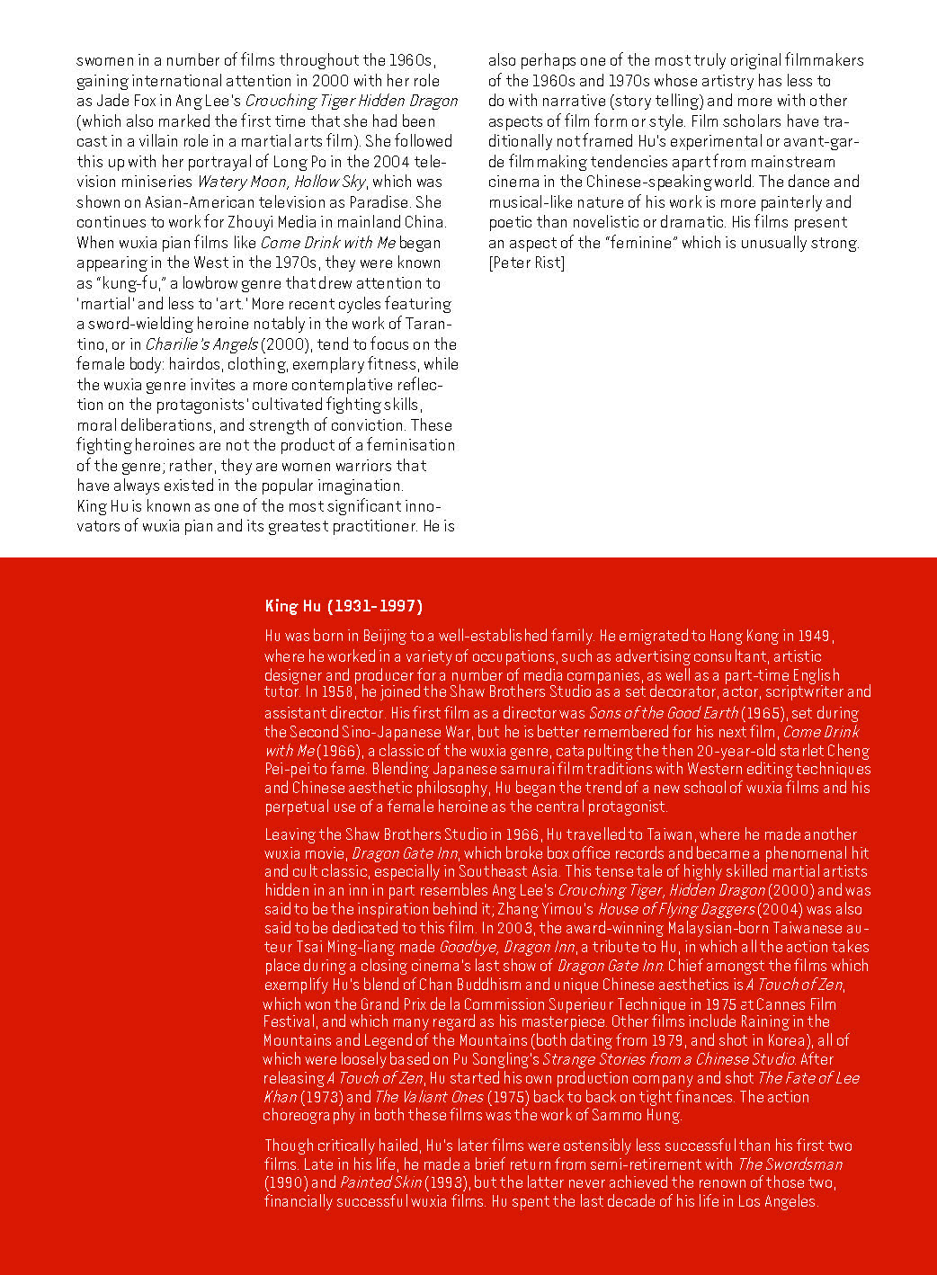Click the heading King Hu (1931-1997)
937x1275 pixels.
click(344, 606)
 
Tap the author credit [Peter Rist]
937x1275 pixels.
click(526, 263)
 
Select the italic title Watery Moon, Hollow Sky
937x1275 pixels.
click(281, 182)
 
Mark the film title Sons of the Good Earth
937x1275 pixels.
click(664, 713)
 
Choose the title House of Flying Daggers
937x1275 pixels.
click(676, 909)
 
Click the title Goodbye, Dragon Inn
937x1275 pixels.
click(506, 947)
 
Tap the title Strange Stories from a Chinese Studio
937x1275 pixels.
click(668, 1059)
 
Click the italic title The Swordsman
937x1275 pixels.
click(790, 1164)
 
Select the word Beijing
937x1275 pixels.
click(384, 636)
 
